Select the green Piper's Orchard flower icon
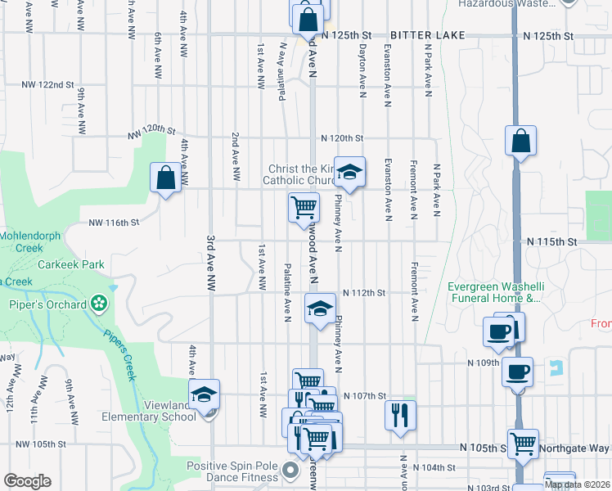tap(99, 304)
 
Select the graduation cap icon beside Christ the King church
tap(349, 173)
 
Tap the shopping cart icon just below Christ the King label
tap(304, 207)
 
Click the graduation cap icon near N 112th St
tap(320, 309)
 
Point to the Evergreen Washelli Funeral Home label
tap(494, 292)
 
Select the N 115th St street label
tap(552, 242)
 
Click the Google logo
tap(27, 481)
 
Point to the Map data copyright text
tap(576, 484)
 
